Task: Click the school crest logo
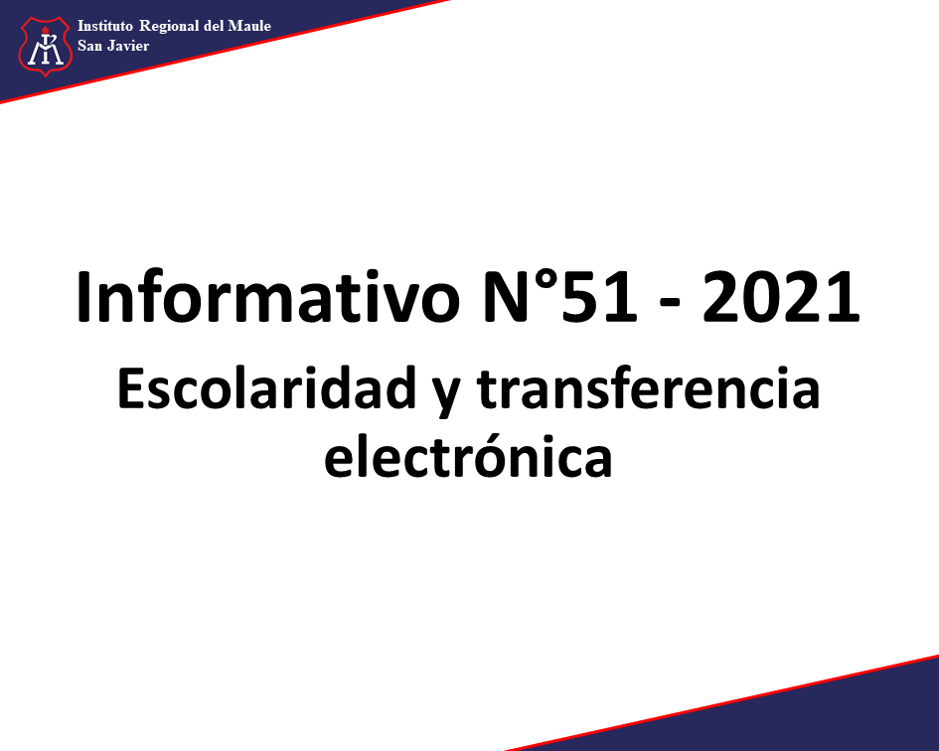point(45,46)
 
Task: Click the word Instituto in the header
point(105,26)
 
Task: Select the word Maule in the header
point(249,26)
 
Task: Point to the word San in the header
point(89,46)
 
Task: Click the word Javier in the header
point(129,46)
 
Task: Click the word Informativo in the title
point(267,297)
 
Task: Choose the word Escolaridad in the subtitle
point(266,388)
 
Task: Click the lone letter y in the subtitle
point(446,395)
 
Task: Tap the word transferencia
point(648,387)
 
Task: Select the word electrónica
point(468,456)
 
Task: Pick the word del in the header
point(214,26)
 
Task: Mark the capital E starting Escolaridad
point(130,388)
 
